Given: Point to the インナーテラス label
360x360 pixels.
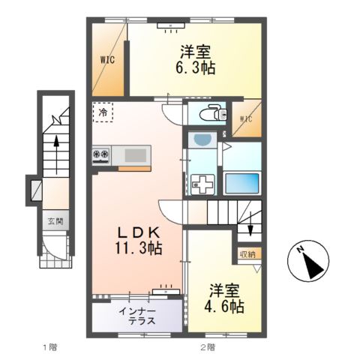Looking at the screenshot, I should tap(136, 315).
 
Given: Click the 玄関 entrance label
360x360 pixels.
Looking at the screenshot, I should tap(55, 221).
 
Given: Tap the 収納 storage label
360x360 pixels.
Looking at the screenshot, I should tap(247, 253).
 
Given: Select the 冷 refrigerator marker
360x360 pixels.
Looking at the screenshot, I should tap(101, 112).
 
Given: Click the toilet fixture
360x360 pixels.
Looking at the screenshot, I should tap(213, 114).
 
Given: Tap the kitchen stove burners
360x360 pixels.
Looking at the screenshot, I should tap(101, 155).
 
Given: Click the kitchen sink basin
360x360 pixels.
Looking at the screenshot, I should tap(136, 154).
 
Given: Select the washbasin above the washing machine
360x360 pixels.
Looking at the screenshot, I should tap(200, 141).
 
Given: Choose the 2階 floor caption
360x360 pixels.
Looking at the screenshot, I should tap(208, 346).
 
